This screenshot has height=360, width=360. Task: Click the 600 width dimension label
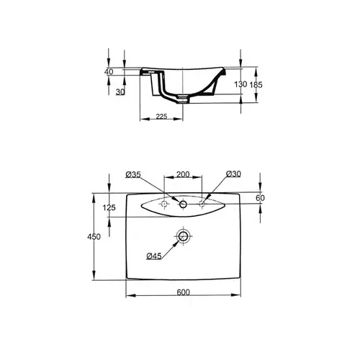click(x=183, y=292)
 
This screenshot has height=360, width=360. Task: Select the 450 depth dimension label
click(x=94, y=237)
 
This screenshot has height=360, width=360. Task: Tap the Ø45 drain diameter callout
click(x=154, y=256)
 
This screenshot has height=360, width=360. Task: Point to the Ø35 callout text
click(x=133, y=174)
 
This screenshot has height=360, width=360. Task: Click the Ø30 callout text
click(x=233, y=174)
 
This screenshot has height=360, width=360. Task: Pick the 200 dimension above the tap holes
click(x=183, y=174)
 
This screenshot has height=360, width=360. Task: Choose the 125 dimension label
click(x=109, y=207)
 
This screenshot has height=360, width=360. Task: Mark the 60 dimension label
click(x=260, y=198)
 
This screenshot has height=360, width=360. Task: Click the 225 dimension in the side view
click(x=161, y=117)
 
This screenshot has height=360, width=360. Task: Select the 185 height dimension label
click(x=256, y=85)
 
